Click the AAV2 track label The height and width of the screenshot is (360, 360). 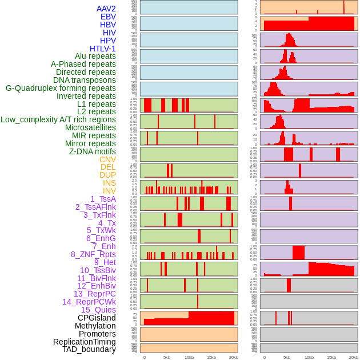tap(106, 9)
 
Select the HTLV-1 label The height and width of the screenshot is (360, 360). tap(102, 49)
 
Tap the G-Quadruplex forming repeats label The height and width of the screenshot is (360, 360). tap(61, 88)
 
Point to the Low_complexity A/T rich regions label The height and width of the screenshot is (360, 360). tap(58, 119)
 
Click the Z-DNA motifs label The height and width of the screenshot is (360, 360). tap(92, 151)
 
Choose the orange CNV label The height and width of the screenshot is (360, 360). tap(107, 159)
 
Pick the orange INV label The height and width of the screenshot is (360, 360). tap(109, 191)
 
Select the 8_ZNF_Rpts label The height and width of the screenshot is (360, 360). tap(93, 254)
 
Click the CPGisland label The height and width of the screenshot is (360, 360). tap(97, 318)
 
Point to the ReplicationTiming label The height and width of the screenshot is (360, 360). tap(84, 342)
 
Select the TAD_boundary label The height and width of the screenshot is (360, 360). tap(89, 349)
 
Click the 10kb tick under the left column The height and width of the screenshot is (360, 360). tap(189, 357)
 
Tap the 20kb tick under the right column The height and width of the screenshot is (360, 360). tap(353, 357)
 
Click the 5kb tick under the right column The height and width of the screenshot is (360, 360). tap(287, 357)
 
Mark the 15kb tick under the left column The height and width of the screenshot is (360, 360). tap(211, 357)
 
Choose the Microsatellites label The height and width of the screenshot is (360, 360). tap(90, 127)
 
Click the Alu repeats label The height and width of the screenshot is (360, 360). tap(95, 56)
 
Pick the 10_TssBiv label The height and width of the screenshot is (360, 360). tap(98, 270)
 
